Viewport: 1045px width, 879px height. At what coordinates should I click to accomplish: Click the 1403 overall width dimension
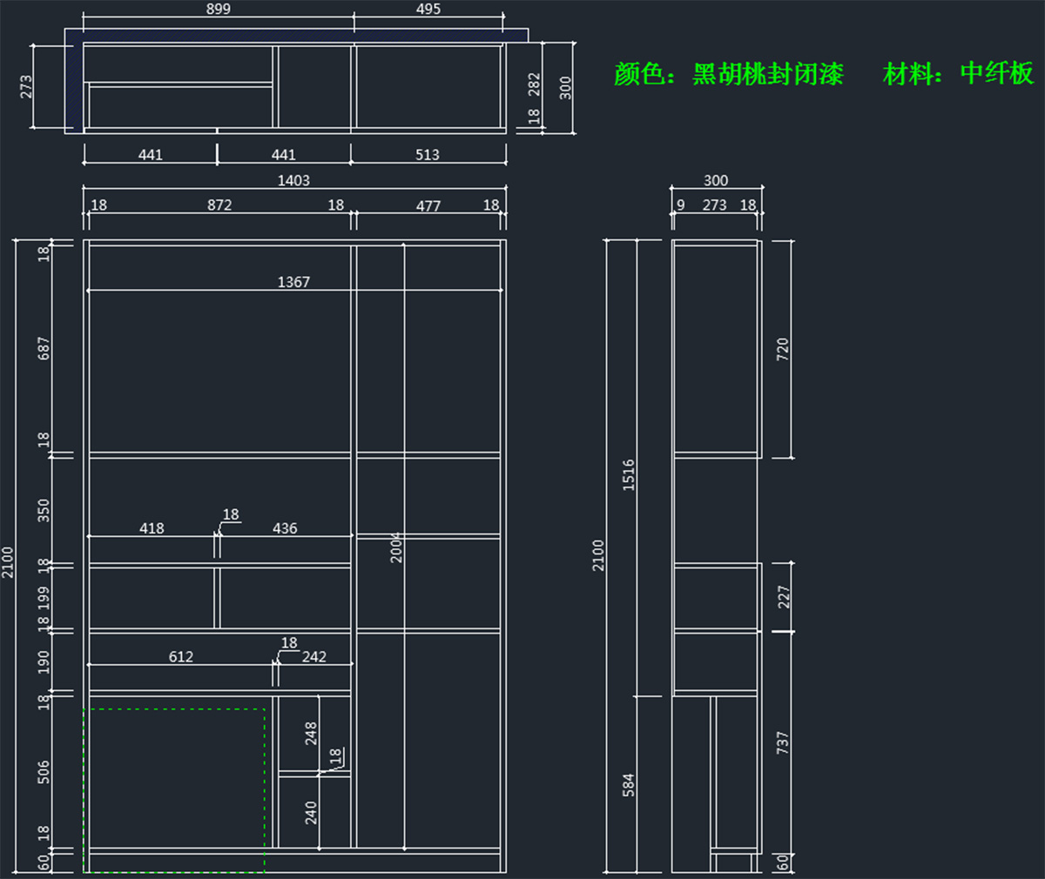coord(293,180)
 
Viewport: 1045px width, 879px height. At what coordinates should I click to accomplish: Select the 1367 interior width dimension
coord(293,282)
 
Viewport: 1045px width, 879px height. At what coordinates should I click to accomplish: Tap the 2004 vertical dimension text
coord(396,547)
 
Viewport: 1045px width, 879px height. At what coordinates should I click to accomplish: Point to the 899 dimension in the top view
coord(218,9)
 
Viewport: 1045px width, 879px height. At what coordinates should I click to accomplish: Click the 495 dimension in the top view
coord(428,9)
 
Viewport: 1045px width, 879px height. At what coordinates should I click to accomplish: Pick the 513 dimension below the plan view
coord(427,155)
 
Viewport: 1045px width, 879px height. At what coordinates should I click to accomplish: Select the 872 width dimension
coord(219,205)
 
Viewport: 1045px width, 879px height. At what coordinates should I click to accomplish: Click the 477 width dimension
coord(428,206)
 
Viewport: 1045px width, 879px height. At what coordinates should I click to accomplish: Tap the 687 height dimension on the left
coord(44,349)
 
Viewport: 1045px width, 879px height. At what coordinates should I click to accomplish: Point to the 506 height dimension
coord(44,772)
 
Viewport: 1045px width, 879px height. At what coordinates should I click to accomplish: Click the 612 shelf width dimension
coord(181,657)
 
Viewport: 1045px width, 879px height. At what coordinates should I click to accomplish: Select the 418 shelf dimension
coord(152,528)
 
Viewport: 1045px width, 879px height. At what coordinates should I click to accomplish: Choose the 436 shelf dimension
coord(285,528)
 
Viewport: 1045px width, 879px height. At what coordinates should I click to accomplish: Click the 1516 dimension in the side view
coord(629,475)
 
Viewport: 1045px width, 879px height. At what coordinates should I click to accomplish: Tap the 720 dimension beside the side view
coord(782,349)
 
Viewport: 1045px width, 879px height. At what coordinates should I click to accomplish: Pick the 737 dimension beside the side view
coord(782,742)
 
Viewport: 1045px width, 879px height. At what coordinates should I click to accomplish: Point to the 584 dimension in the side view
coord(629,784)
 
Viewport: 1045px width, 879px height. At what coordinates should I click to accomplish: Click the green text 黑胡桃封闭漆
coord(768,74)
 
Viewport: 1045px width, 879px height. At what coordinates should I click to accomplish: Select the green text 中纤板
coord(996,74)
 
